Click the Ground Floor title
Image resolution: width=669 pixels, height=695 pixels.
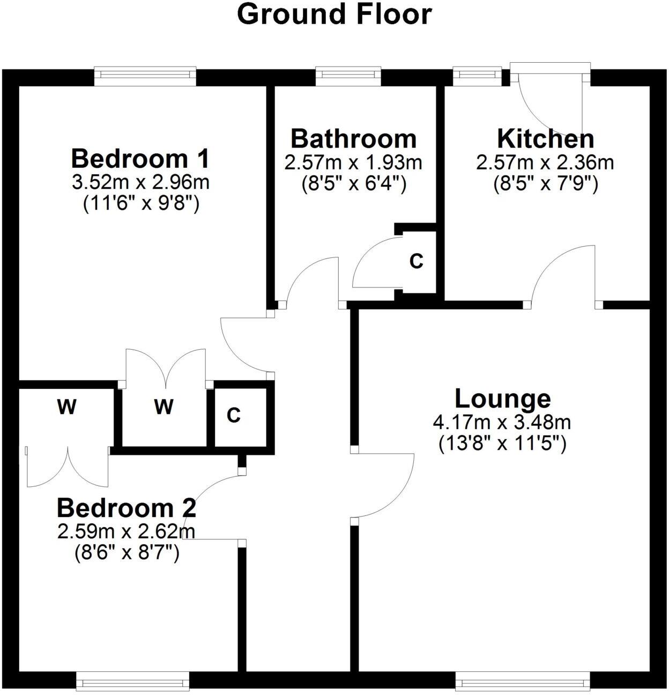(334, 14)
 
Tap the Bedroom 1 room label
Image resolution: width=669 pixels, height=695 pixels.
(140, 159)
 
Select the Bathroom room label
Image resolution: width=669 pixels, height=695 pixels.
(353, 138)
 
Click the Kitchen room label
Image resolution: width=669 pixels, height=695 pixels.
(545, 138)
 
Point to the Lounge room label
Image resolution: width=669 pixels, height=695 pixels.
(502, 399)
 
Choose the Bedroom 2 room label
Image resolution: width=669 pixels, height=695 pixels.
(127, 508)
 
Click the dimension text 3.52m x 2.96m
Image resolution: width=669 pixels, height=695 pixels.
(140, 183)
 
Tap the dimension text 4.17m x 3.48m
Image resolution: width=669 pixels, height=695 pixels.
(502, 423)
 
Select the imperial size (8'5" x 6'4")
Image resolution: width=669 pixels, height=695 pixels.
(353, 184)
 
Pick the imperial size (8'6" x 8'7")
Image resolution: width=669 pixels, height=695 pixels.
(127, 552)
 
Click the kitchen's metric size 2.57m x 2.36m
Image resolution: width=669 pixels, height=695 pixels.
(545, 162)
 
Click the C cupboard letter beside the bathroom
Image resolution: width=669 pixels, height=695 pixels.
(416, 261)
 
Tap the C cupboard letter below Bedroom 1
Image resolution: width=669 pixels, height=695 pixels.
(233, 415)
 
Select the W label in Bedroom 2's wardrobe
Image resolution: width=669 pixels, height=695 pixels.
(66, 408)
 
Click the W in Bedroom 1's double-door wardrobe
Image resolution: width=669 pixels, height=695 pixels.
(163, 407)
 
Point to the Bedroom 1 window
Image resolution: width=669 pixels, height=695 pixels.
(145, 76)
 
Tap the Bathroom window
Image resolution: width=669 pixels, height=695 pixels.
(348, 76)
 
